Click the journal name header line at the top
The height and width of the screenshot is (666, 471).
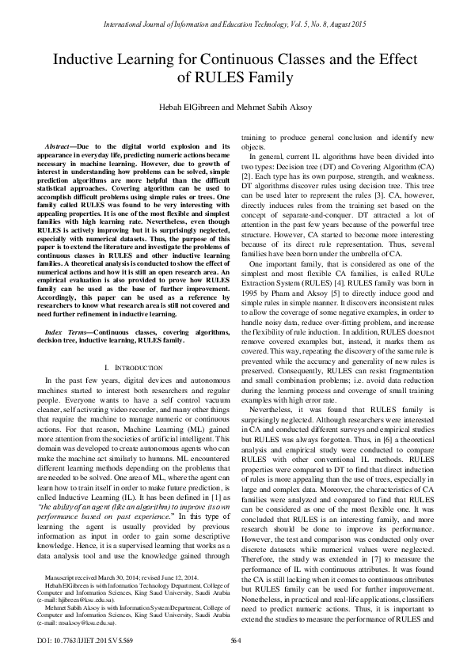(x=235, y=12)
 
